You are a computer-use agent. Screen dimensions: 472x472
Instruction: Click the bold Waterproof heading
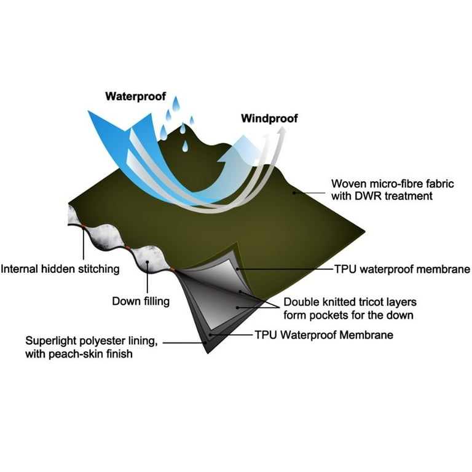tap(135, 96)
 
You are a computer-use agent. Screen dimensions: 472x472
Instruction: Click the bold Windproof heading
tap(269, 118)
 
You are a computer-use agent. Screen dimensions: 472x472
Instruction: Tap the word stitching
tap(99, 269)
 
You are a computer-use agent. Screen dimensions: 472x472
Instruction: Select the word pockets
tap(328, 315)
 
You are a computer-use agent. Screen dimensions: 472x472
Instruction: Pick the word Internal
tap(20, 269)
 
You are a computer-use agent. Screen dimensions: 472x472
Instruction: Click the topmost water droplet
tap(176, 104)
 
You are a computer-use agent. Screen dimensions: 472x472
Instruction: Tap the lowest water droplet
tap(185, 146)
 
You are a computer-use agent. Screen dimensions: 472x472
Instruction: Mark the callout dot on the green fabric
tap(294, 192)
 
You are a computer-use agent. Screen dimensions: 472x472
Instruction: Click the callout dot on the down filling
tap(147, 262)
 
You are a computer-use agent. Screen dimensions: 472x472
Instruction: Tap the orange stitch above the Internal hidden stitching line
tap(83, 226)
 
